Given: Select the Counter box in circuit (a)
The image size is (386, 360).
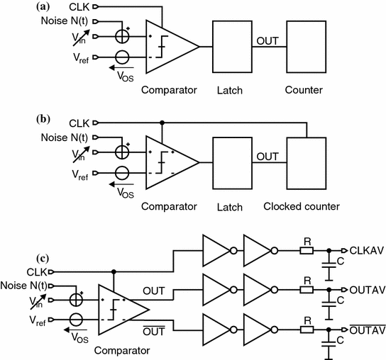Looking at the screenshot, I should coord(304,46).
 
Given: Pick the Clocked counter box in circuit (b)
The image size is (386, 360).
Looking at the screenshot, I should coord(304,163).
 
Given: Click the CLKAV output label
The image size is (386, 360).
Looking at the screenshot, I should coord(365,250).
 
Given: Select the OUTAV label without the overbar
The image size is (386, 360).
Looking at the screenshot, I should coord(365,290).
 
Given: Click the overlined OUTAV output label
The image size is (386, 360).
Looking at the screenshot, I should coord(365,329).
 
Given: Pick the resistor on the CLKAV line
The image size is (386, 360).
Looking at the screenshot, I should coord(306,250).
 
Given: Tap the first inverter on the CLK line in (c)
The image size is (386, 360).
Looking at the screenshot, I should coord(215,250).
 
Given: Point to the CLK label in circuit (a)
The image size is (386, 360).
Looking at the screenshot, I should coord(80,7).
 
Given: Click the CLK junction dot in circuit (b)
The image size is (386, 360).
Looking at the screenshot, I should coord(163,122).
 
